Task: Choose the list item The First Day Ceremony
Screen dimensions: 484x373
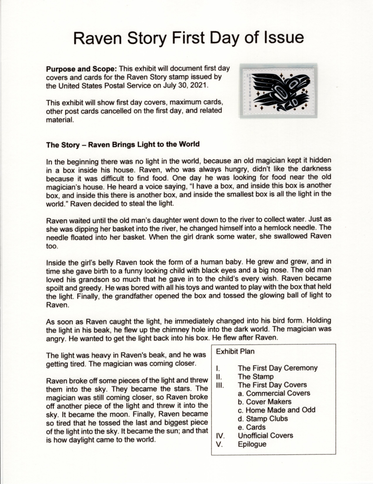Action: click(277, 368)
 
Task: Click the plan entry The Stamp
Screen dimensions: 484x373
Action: click(255, 376)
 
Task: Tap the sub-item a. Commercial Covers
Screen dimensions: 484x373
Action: click(273, 393)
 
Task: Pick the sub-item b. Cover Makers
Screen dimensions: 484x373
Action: click(264, 401)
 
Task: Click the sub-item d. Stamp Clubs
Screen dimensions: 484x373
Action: click(263, 418)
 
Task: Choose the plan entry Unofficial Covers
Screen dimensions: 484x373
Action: click(265, 435)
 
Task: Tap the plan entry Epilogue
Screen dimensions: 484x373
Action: click(252, 444)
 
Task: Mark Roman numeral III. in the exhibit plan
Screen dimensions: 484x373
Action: click(220, 385)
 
